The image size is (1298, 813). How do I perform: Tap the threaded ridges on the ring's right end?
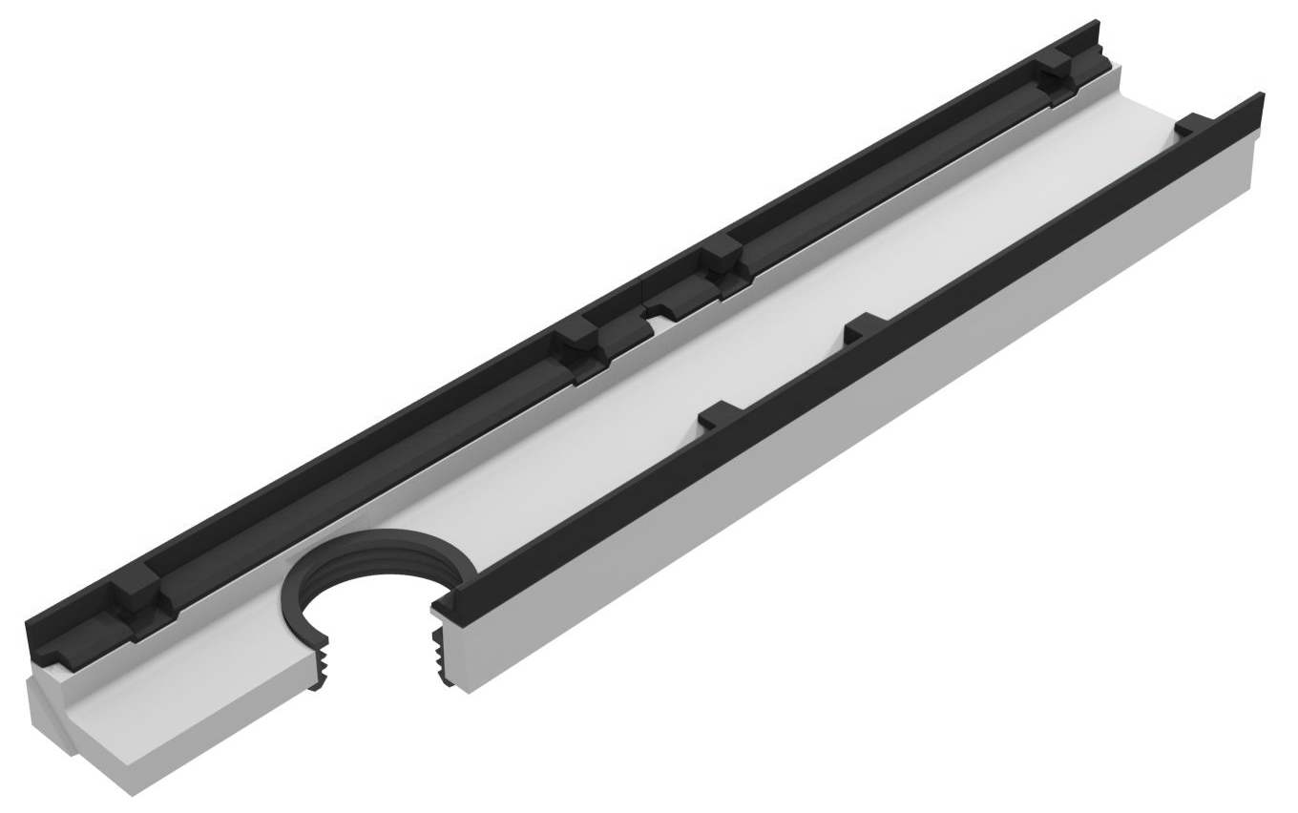click(x=440, y=658)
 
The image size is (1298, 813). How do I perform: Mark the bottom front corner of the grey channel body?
click(x=134, y=792)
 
